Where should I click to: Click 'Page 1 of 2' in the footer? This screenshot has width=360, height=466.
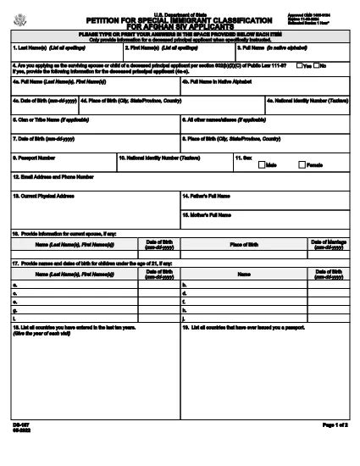click(333, 446)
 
